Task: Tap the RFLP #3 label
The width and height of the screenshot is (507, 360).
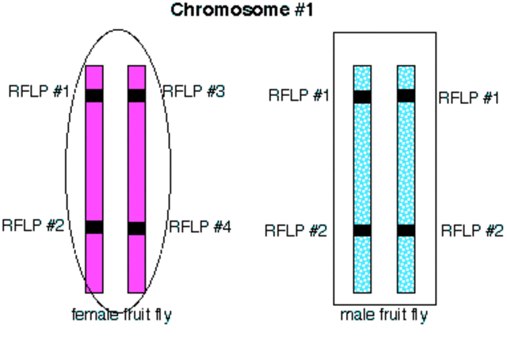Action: pos(193,92)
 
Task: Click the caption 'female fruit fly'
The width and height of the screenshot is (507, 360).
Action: pos(121,315)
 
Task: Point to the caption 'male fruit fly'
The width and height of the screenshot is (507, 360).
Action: pos(383,316)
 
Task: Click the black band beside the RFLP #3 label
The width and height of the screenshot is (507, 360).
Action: pos(137,96)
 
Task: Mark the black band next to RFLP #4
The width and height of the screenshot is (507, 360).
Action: pos(137,228)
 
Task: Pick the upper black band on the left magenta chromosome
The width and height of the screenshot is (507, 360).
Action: pos(94,96)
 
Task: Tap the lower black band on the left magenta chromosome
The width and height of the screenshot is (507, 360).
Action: pos(94,228)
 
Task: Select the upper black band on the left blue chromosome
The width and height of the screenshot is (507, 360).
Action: pos(363,97)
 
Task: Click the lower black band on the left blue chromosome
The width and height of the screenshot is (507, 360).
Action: pos(363,231)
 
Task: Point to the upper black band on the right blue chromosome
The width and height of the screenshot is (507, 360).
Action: pos(406,97)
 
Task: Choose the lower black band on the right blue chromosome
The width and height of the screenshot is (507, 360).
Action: pos(406,231)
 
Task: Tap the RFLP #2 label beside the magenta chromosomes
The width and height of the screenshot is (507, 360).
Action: pos(32,224)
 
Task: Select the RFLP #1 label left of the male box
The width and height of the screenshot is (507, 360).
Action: pos(299,96)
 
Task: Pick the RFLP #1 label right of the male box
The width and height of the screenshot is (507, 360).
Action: pos(469,98)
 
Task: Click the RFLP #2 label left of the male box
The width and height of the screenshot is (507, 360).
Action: pos(295,231)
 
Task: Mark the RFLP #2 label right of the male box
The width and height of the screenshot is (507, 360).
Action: pos(471,231)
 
